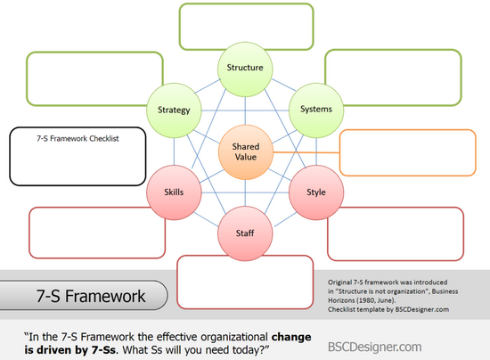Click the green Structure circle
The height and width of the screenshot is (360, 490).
[245, 69]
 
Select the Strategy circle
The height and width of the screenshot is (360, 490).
[174, 110]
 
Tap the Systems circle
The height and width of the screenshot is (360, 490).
[316, 110]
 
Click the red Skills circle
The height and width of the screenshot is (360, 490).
[174, 192]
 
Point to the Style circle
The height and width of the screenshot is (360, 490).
[316, 192]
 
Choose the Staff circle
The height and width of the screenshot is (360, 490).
[245, 233]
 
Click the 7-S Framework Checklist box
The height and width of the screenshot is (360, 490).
[78, 156]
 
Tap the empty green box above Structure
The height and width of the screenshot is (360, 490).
[246, 27]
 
